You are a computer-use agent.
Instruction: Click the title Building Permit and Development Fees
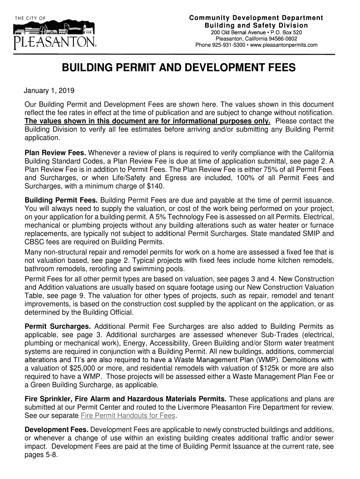pos(179,68)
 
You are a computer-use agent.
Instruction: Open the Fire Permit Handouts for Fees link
pos(128,415)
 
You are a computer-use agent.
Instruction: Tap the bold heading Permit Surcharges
pos(58,326)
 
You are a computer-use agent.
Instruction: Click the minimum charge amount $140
pos(155,186)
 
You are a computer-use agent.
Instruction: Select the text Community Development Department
pos(256,18)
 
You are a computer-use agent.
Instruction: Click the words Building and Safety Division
pos(256,25)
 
